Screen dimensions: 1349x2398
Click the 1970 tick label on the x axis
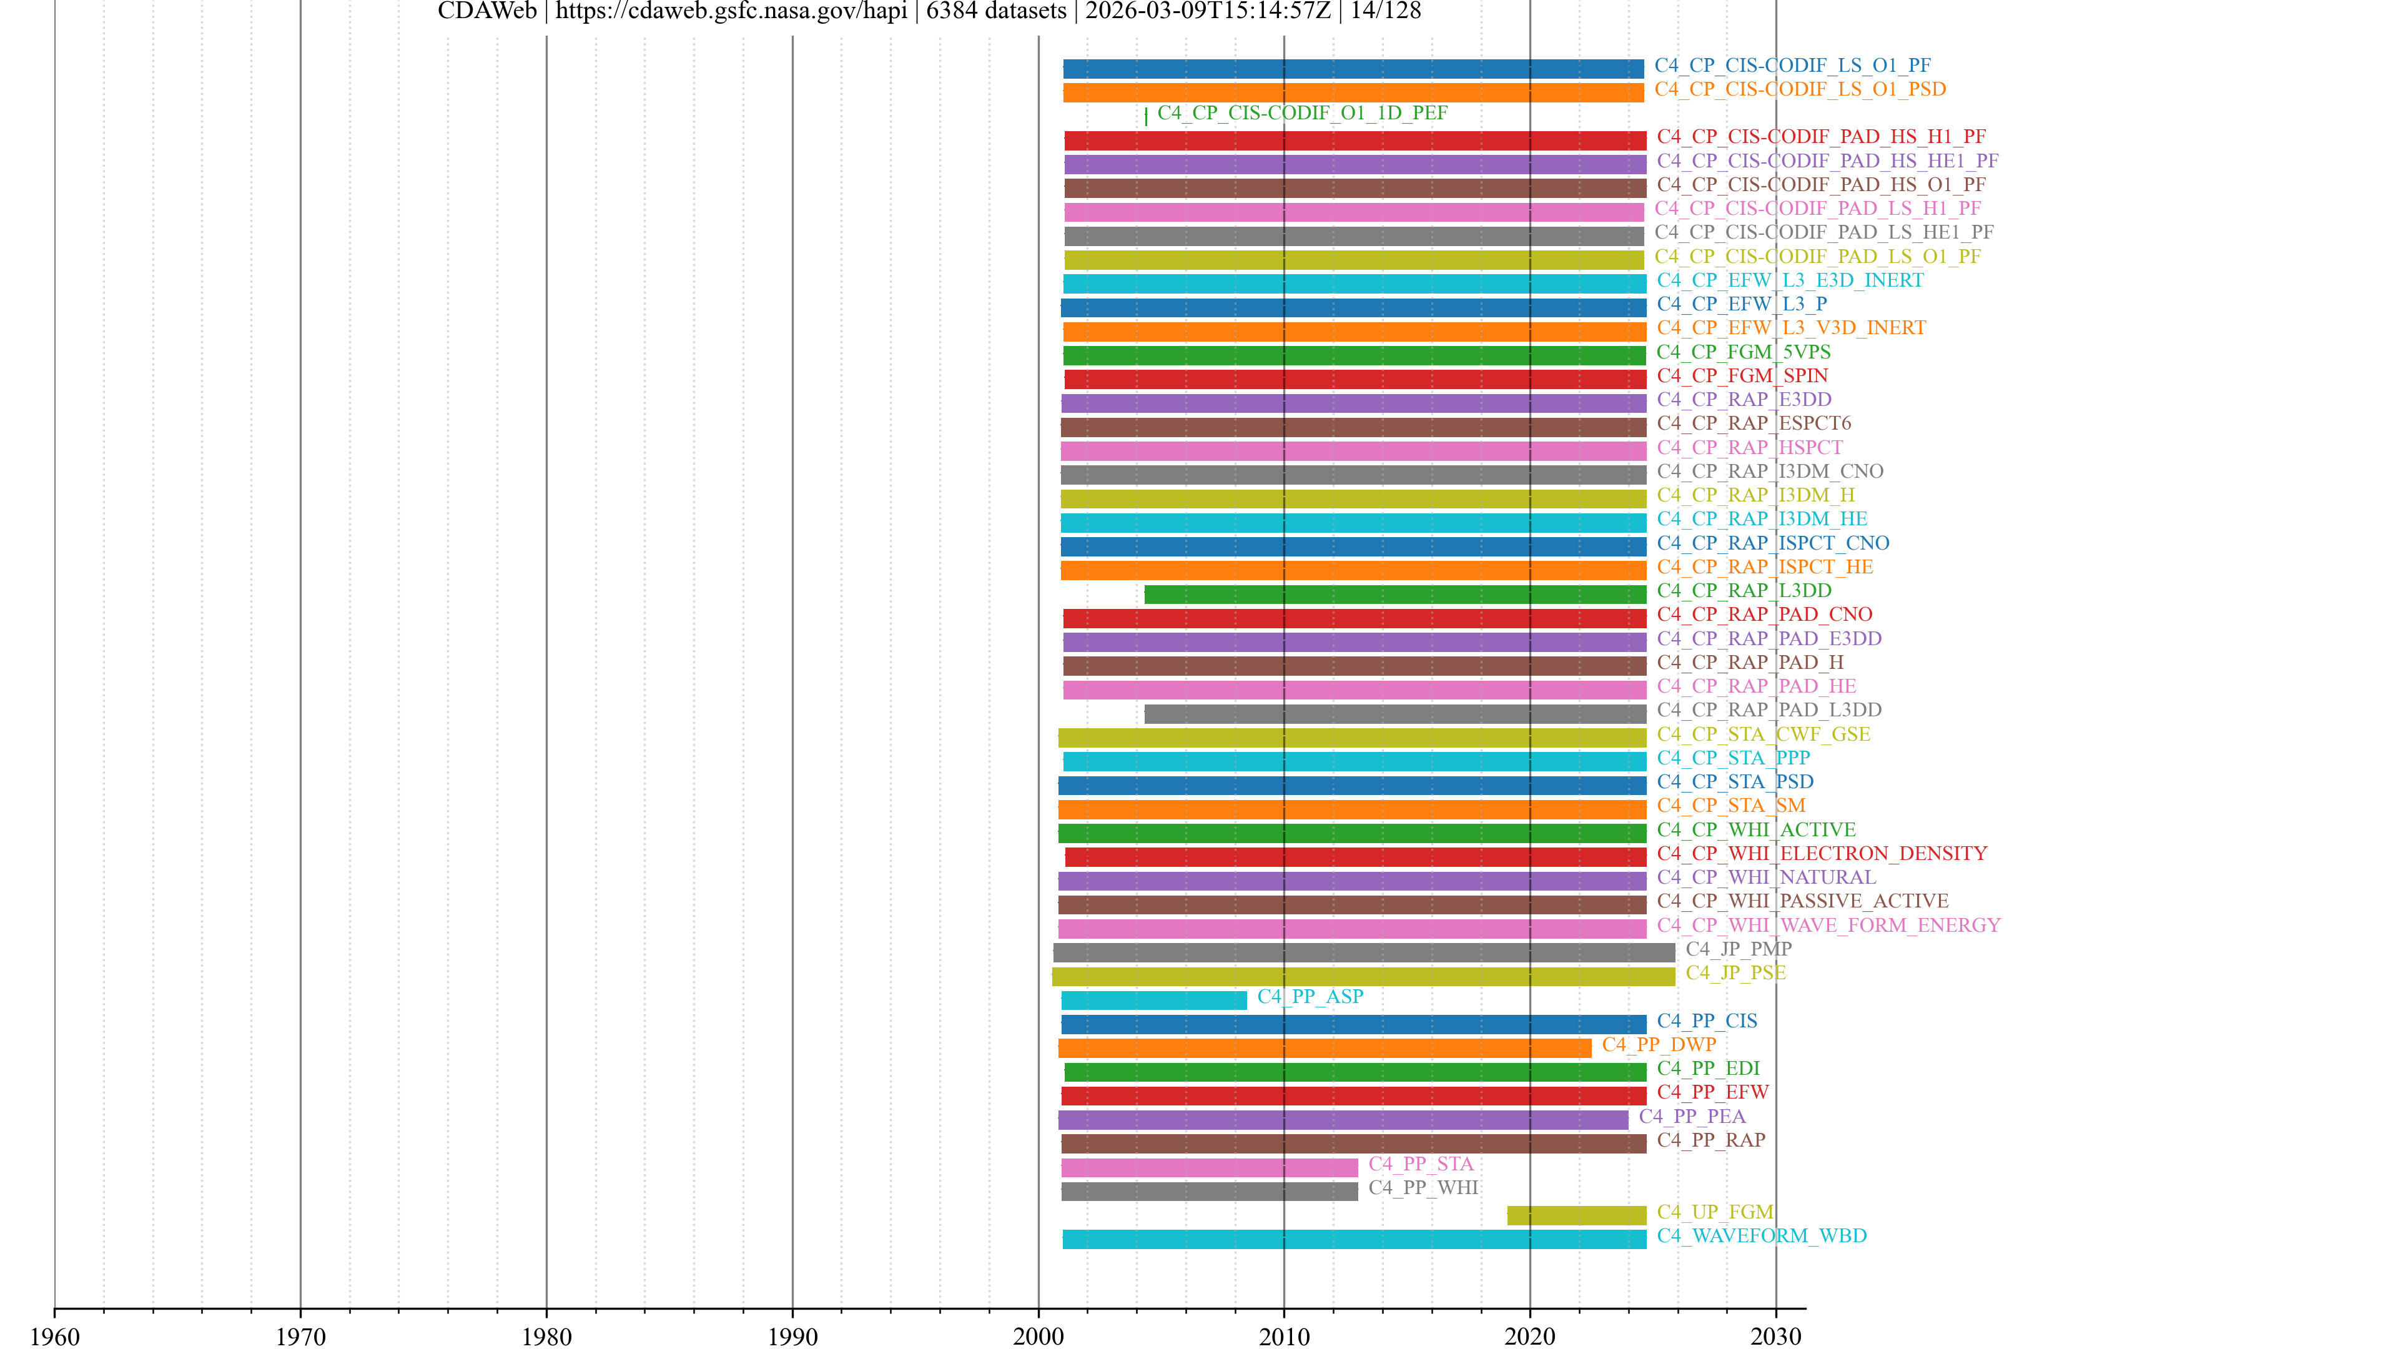click(300, 1336)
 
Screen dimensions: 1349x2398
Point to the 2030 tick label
click(1775, 1336)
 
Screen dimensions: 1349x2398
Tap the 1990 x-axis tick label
click(792, 1336)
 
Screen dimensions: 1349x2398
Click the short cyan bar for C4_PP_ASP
click(1153, 1000)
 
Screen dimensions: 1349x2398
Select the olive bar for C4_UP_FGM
click(1576, 1215)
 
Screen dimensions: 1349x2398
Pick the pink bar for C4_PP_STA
click(1209, 1167)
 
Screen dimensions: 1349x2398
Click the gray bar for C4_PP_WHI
click(1209, 1191)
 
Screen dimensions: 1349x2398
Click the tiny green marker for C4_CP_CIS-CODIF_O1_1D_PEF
click(1146, 116)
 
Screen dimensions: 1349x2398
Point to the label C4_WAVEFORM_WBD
click(1761, 1235)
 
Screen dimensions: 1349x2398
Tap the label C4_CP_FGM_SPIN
click(1742, 375)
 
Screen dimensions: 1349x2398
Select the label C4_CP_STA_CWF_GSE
click(1763, 734)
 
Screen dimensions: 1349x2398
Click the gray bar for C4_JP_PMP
click(1364, 952)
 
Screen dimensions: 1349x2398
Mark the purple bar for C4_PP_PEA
click(1343, 1119)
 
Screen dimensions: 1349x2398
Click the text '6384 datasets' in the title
click(995, 11)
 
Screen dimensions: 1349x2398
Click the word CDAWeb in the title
click(487, 11)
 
